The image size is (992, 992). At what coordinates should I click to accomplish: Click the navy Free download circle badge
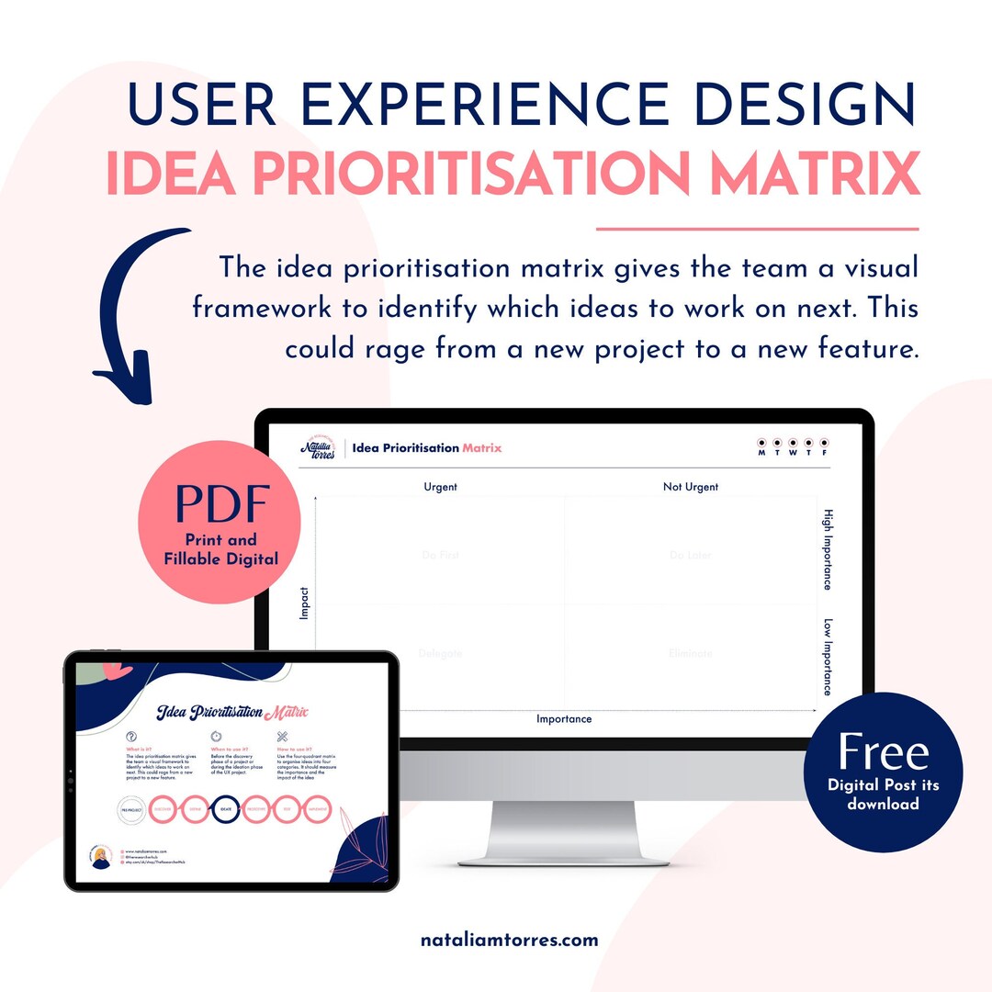coord(883,771)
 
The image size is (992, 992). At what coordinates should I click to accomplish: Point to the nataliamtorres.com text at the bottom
coord(510,940)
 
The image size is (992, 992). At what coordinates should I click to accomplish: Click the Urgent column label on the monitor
coord(440,487)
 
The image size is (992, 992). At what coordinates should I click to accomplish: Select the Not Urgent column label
coord(691,487)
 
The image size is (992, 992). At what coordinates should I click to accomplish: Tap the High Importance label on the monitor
coord(827,549)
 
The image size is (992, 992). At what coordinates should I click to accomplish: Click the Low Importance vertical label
coord(827,656)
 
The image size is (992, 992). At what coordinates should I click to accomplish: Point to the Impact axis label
coord(305,603)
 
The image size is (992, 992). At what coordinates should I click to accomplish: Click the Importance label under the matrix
coord(564,719)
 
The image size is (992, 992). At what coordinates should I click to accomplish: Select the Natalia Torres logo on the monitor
coord(319,447)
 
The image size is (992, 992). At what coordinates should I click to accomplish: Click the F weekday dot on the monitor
coord(824,443)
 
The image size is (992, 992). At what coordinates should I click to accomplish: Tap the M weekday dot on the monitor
coord(761,443)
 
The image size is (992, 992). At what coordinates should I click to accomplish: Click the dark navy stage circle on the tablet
coord(226,809)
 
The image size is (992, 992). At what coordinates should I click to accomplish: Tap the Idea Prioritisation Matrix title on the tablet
coord(231,713)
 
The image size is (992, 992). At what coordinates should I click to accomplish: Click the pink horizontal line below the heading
coord(757,228)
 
